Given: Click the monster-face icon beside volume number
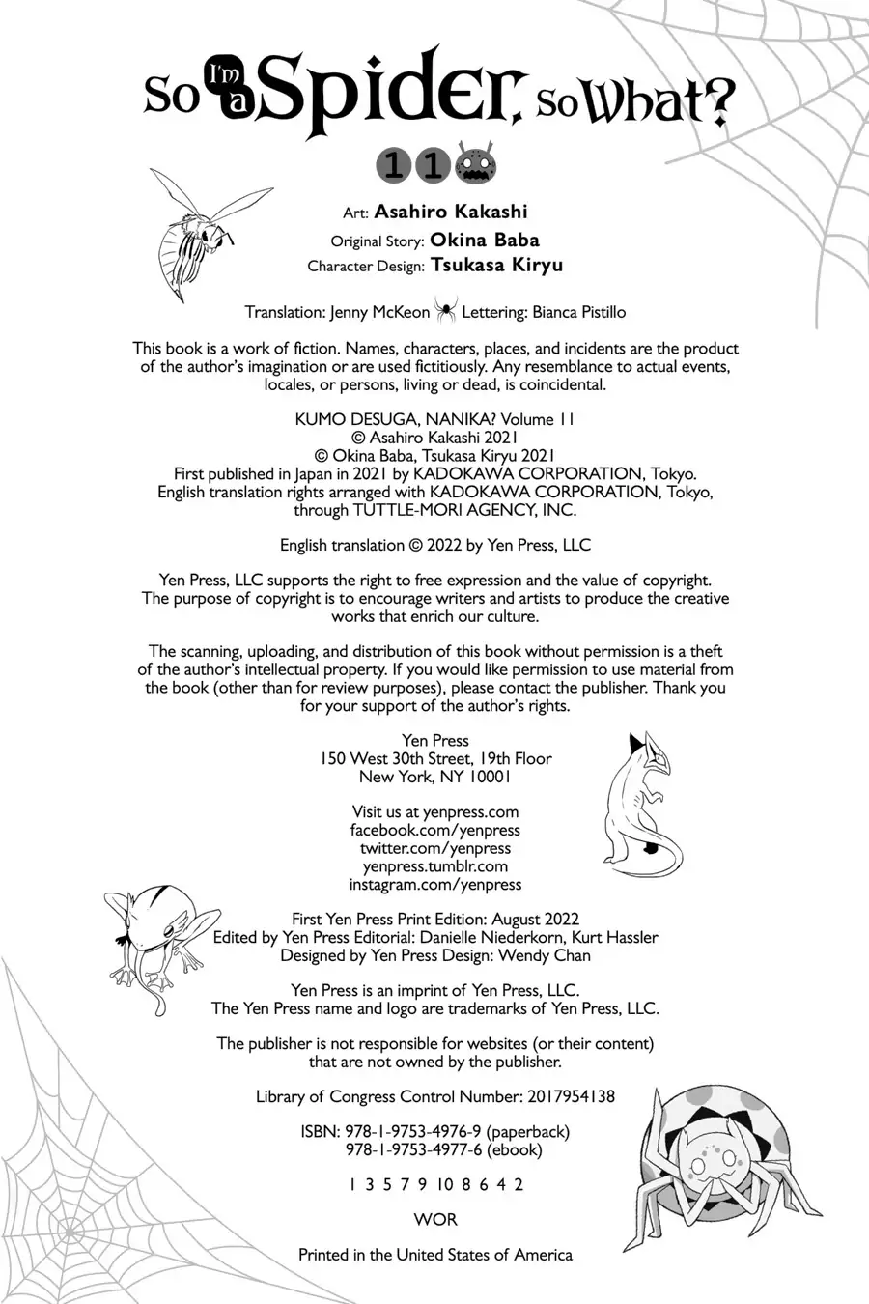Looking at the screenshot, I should (x=476, y=164).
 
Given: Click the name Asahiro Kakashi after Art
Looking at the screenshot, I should (x=451, y=212).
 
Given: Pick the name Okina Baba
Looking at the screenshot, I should (x=485, y=240).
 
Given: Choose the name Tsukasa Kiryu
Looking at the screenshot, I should (x=497, y=265).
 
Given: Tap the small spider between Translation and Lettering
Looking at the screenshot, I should (x=446, y=311).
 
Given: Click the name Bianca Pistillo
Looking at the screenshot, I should (x=578, y=312).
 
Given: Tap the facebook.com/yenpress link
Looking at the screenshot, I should (x=434, y=830).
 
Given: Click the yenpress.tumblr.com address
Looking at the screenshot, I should (x=434, y=866).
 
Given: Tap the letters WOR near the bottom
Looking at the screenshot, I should (x=434, y=1219).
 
